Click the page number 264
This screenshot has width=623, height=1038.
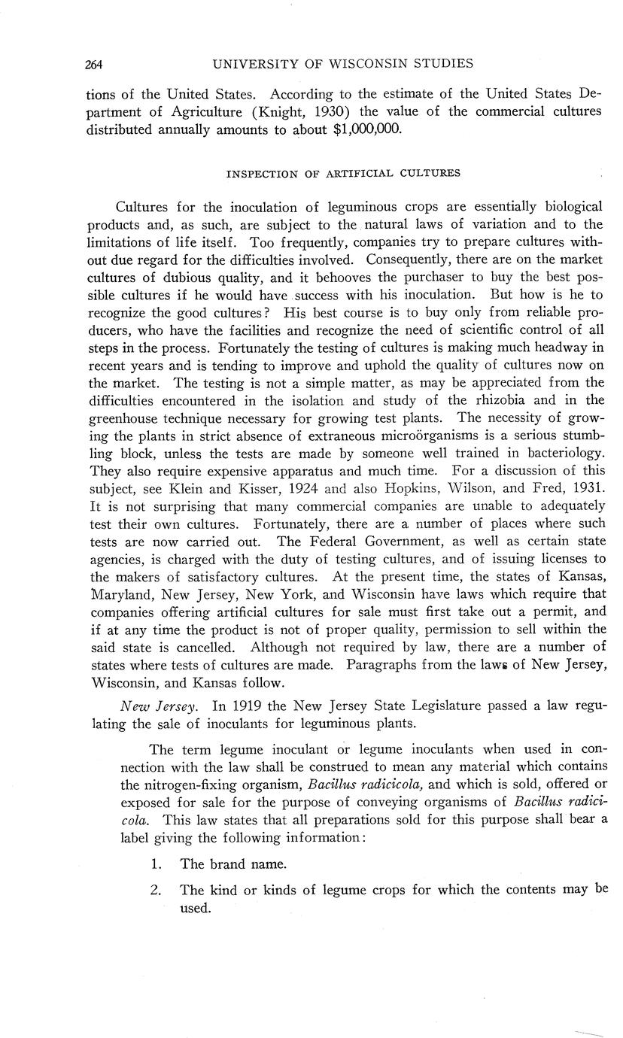pyautogui.click(x=93, y=65)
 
